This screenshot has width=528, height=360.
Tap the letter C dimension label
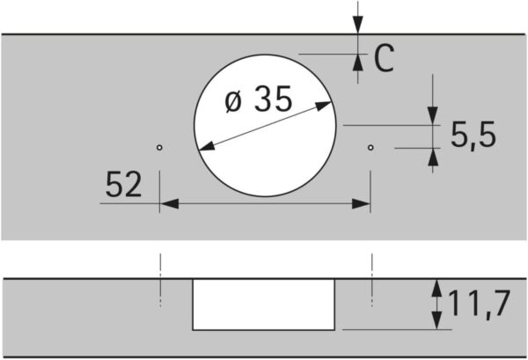pyautogui.click(x=383, y=59)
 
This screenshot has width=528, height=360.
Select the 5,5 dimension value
pyautogui.click(x=473, y=136)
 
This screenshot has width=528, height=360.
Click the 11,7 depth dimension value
pyautogui.click(x=478, y=305)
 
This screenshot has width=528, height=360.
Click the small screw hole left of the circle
pyautogui.click(x=159, y=147)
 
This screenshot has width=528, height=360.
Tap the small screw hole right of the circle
pyautogui.click(x=370, y=147)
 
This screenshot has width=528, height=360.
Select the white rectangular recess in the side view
pyautogui.click(x=264, y=304)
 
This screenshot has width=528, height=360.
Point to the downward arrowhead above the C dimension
pyautogui.click(x=357, y=28)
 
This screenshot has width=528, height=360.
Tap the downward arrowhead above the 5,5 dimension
pyautogui.click(x=433, y=116)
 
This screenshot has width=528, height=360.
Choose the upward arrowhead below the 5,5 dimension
pyautogui.click(x=433, y=156)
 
